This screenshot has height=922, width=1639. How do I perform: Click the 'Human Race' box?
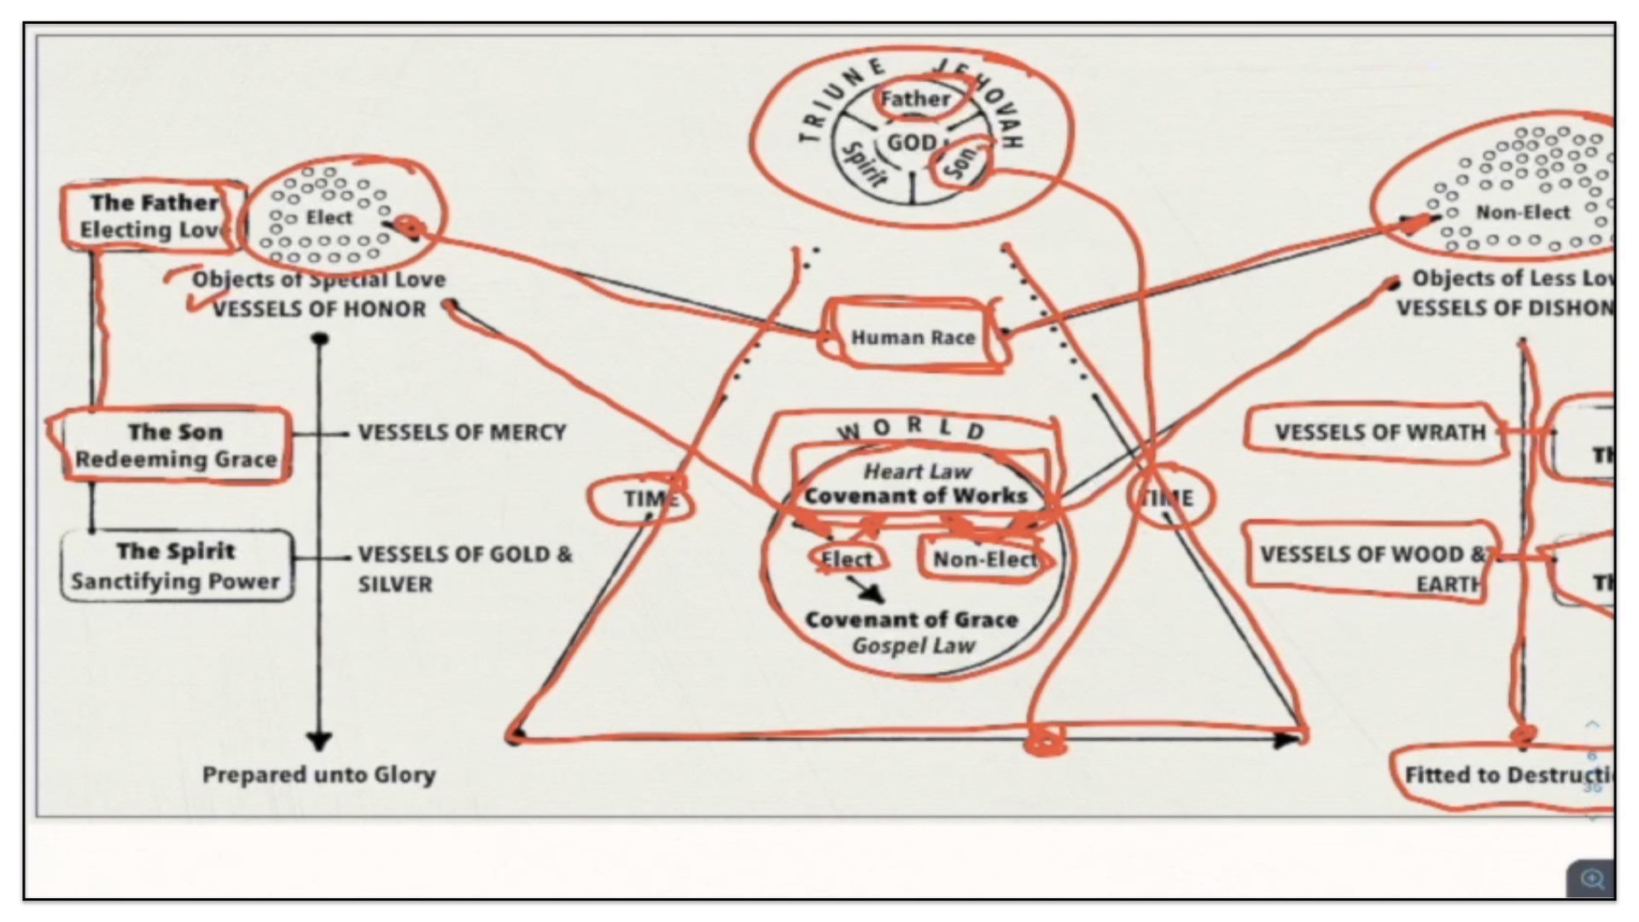tap(913, 338)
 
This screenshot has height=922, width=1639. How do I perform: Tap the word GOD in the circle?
tap(912, 143)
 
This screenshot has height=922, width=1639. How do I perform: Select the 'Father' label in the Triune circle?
tap(915, 99)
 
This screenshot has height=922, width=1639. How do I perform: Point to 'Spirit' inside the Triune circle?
tap(864, 165)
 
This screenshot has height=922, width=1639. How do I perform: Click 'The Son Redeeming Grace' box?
tap(176, 446)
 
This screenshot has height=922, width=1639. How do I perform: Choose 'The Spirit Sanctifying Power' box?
tap(176, 565)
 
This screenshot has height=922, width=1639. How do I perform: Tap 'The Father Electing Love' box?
tap(152, 216)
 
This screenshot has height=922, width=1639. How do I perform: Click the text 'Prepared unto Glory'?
tap(318, 775)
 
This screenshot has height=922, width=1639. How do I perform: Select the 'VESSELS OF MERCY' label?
tap(462, 433)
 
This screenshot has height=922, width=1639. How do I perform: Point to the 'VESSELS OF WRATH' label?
tap(1379, 433)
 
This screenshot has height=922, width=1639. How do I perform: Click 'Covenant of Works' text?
tap(915, 496)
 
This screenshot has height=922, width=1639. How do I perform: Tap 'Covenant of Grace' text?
tap(912, 620)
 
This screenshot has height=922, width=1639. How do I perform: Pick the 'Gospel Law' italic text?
tap(913, 646)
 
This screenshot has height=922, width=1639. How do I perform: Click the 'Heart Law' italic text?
tap(917, 471)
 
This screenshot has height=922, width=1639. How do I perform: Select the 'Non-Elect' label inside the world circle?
tap(985, 560)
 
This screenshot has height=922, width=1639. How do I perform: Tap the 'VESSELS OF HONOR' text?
tap(318, 309)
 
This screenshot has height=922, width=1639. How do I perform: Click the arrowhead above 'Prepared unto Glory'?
tap(319, 740)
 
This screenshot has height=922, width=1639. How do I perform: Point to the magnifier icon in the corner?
tap(1591, 878)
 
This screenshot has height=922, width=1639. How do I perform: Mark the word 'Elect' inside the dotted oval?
tap(329, 218)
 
